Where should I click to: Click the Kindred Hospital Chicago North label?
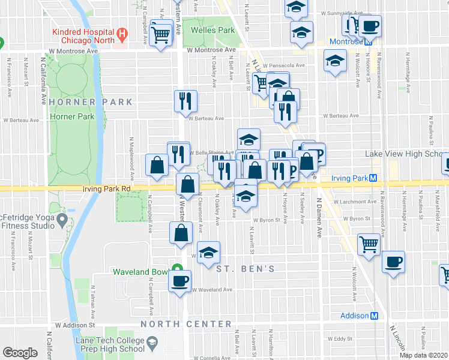tap(83, 35)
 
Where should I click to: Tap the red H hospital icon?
tap(123, 35)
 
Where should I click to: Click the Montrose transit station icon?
tap(370, 41)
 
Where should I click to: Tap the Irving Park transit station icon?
tap(373, 178)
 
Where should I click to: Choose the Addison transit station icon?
tap(375, 316)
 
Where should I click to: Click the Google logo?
tap(20, 353)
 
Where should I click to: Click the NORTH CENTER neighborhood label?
tap(186, 324)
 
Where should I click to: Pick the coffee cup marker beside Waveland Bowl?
tap(179, 281)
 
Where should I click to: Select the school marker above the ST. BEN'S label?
tap(208, 253)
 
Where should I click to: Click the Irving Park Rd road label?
tap(106, 188)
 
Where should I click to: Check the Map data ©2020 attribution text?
tap(423, 355)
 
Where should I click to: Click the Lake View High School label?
tap(406, 154)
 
